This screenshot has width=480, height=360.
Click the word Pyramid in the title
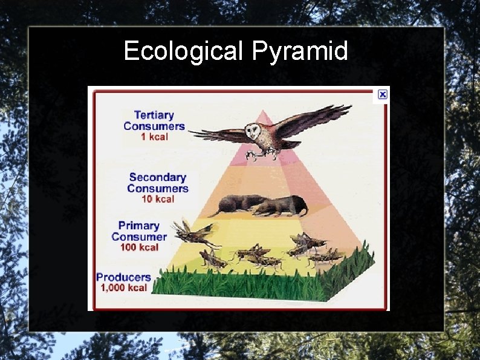tap(300, 51)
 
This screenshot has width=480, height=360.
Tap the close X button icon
tap(382, 94)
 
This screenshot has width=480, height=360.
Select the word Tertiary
tap(154, 115)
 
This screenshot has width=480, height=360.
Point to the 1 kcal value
tap(154, 137)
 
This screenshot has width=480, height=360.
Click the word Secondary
tap(157, 177)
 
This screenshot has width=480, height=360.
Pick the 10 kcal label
tap(158, 199)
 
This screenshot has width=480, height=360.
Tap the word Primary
tap(139, 226)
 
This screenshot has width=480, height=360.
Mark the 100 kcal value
tap(138, 247)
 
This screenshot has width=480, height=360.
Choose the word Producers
tap(123, 277)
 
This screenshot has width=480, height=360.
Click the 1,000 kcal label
tap(123, 288)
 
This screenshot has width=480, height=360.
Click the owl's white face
tap(253, 131)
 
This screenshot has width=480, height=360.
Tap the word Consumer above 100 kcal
tap(138, 237)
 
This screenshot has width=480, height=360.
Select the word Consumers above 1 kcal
tap(154, 126)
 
